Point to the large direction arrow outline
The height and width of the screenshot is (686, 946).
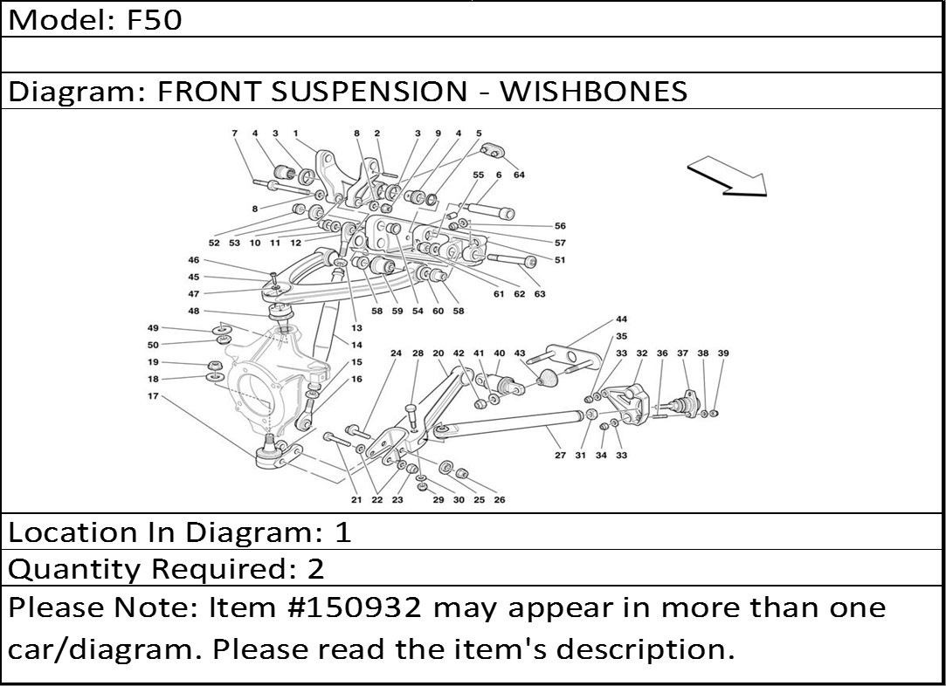tap(727, 176)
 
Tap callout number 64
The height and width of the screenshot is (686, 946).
tap(519, 175)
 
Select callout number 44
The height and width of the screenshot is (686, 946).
tap(621, 319)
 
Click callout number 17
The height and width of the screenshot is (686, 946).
tap(153, 396)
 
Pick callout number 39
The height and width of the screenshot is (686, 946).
tap(723, 353)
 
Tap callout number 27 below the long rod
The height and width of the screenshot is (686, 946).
tap(560, 456)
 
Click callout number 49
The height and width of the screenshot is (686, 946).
tap(153, 328)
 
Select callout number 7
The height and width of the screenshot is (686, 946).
tap(234, 134)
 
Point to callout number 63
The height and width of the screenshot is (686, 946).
tap(540, 294)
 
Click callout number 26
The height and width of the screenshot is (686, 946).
tap(499, 500)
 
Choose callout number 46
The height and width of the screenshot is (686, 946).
tap(193, 260)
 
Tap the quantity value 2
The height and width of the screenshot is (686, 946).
tap(315, 569)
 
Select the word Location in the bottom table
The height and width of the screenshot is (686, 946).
tap(73, 532)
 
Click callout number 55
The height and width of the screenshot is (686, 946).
tap(478, 175)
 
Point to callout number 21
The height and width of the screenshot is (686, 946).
tap(356, 500)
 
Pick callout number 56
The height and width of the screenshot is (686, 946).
tap(560, 226)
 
